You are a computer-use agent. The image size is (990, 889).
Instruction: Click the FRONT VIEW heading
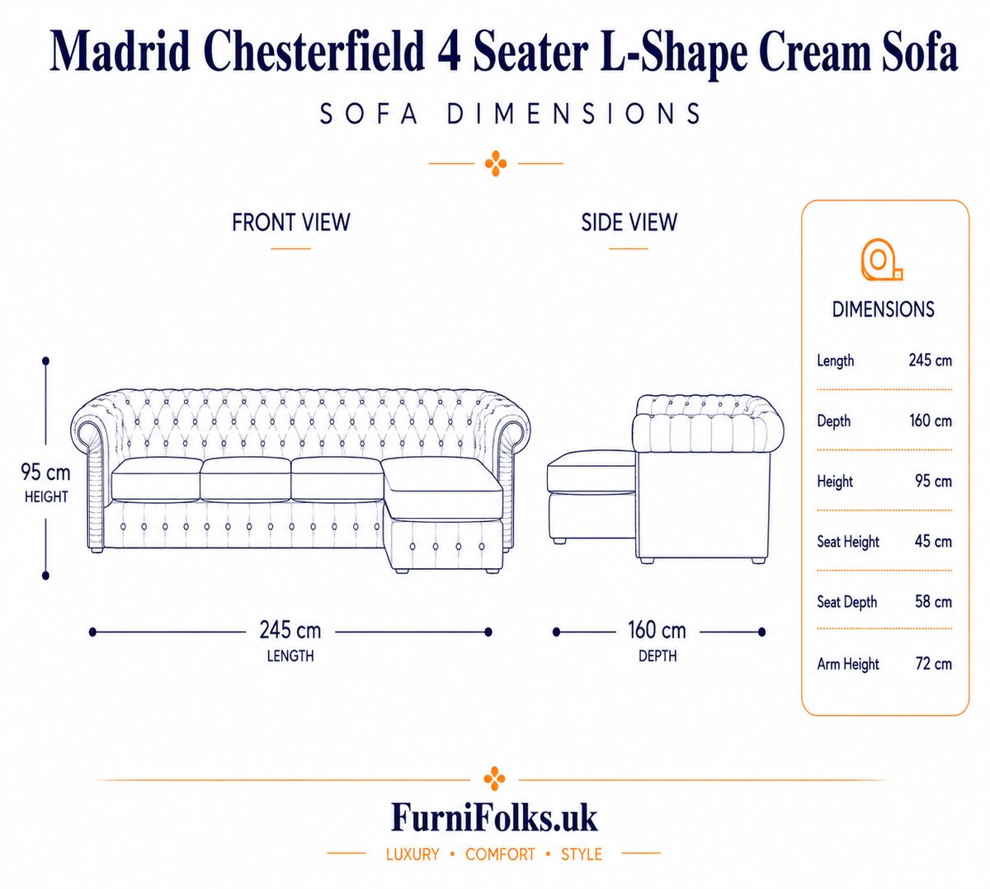click(290, 223)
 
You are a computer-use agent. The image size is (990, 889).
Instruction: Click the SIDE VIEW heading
click(629, 223)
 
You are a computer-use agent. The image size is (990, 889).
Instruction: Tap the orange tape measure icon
click(881, 260)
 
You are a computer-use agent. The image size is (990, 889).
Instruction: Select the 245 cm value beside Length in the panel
click(930, 360)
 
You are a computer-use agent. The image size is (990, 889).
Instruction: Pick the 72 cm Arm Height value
click(933, 663)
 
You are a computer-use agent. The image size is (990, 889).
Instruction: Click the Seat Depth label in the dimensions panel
click(846, 602)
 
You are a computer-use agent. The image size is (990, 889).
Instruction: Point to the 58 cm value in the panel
click(933, 602)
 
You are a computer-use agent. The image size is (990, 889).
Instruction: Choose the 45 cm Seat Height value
click(933, 541)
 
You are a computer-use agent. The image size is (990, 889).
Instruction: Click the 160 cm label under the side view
click(657, 630)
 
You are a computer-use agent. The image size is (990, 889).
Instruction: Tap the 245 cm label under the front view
click(290, 630)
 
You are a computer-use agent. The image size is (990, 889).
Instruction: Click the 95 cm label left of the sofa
click(45, 473)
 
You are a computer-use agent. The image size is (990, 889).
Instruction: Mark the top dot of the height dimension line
click(45, 361)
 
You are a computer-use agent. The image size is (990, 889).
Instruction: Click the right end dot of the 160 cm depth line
click(761, 632)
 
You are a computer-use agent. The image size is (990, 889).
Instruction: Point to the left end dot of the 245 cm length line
click(92, 632)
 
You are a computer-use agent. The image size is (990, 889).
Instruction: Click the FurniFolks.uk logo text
click(494, 818)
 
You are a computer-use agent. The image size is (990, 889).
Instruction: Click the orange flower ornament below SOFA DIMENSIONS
click(496, 163)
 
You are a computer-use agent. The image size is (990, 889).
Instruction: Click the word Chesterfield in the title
click(313, 51)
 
